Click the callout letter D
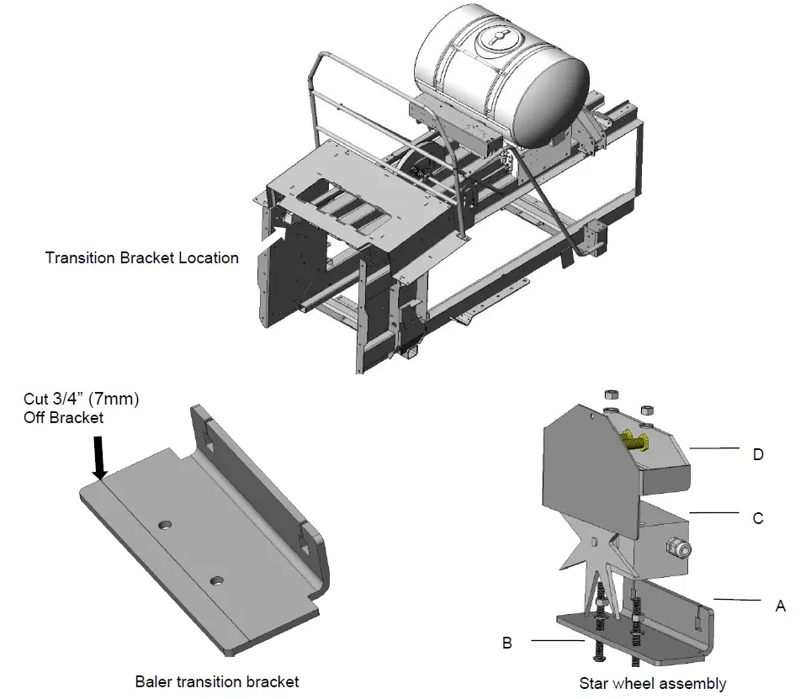[758, 454]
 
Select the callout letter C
[758, 518]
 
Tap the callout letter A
[781, 605]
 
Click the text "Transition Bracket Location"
[142, 258]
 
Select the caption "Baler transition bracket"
[217, 681]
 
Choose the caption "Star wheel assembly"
[653, 683]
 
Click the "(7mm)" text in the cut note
[109, 400]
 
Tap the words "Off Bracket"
[64, 418]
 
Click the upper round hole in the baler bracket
[167, 525]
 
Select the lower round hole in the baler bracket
[218, 580]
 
